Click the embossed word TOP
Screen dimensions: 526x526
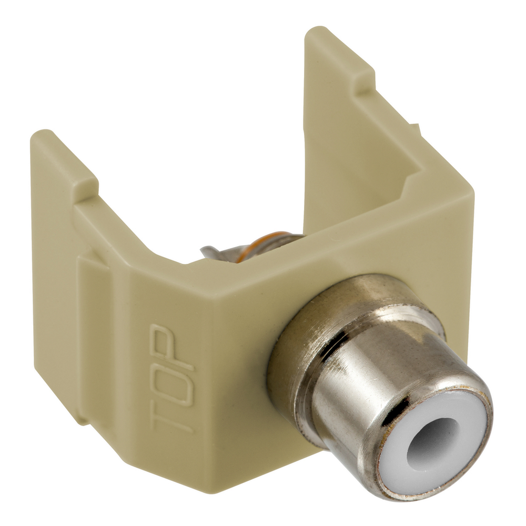point(172,377)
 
